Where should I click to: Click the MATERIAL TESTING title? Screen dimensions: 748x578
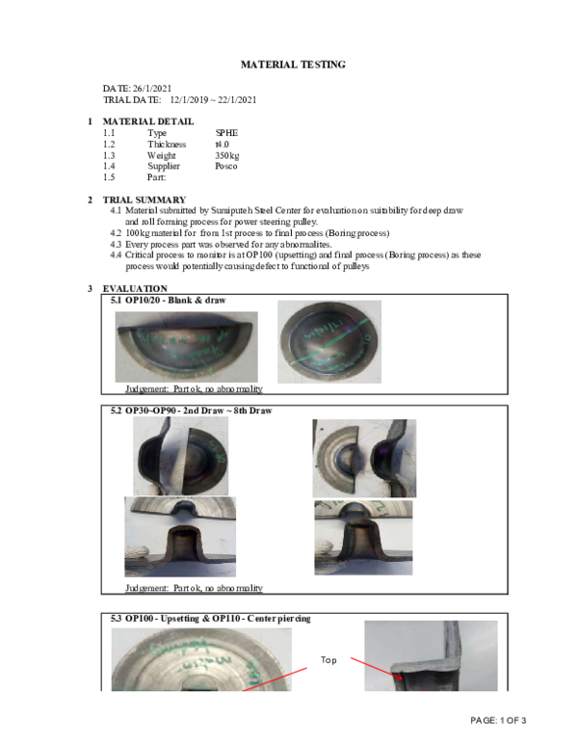[x=292, y=65]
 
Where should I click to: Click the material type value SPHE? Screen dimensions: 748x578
[x=226, y=133]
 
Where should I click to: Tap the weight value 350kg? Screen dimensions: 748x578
[x=228, y=155]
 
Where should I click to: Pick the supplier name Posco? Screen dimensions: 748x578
[x=226, y=166]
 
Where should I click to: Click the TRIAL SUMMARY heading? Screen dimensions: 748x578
[x=144, y=200]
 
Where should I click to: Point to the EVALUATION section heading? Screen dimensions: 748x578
[x=135, y=288]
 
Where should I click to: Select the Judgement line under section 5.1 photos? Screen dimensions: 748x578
[x=194, y=389]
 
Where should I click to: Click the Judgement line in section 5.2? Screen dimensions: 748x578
[x=194, y=587]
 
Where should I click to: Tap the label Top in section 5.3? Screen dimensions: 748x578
[x=328, y=659]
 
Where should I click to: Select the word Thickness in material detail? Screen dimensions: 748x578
[x=167, y=144]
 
